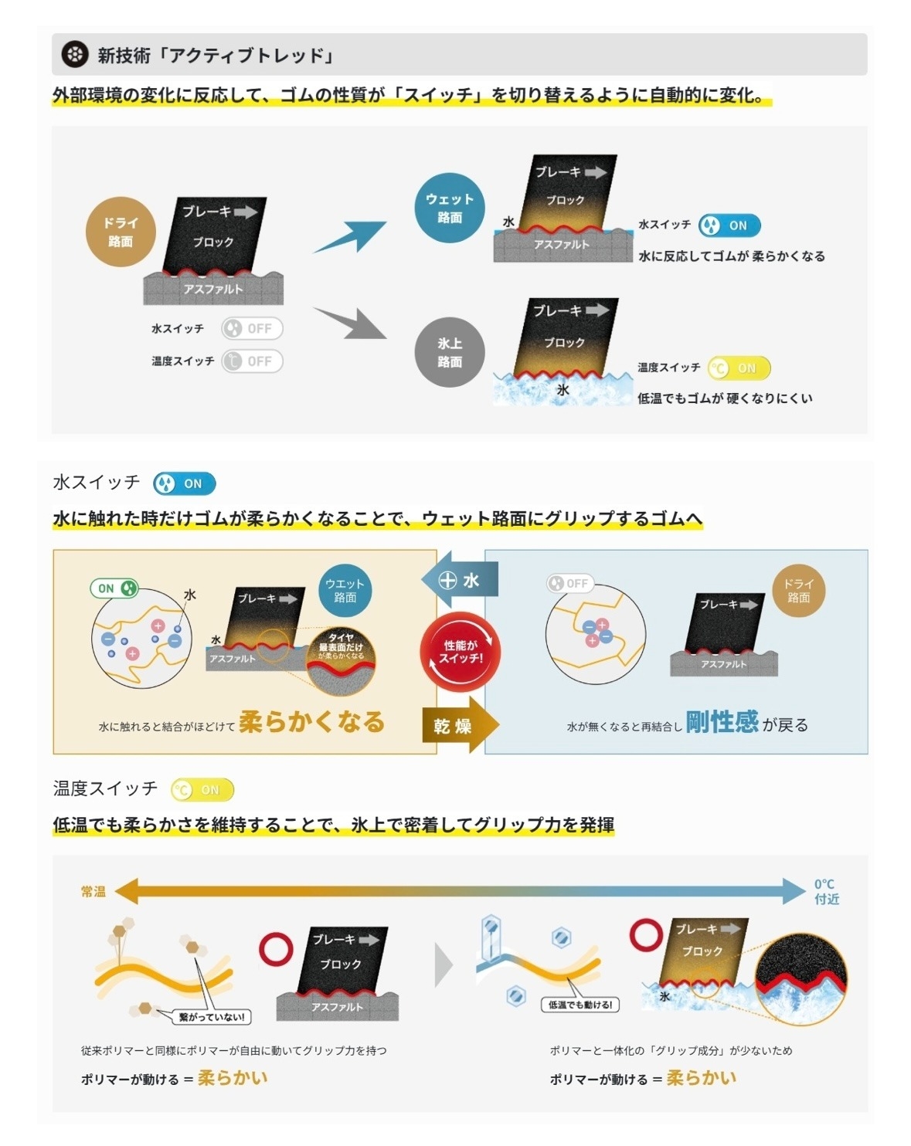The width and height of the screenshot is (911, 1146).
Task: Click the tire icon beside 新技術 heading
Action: pyautogui.click(x=75, y=55)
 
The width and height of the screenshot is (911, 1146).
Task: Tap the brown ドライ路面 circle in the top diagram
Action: pyautogui.click(x=121, y=232)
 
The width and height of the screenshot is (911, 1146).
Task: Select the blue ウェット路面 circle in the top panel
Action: pyautogui.click(x=449, y=208)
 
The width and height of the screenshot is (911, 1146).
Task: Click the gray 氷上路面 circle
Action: pyautogui.click(x=449, y=352)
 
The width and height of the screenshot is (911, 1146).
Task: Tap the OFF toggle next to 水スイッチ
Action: pyautogui.click(x=252, y=328)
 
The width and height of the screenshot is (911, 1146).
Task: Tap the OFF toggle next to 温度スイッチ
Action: pyautogui.click(x=252, y=361)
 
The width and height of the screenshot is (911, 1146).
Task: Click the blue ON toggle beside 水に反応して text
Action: pyautogui.click(x=729, y=225)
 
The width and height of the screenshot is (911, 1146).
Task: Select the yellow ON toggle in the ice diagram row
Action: pyautogui.click(x=739, y=368)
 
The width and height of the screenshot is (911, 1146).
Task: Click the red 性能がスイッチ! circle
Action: pyautogui.click(x=461, y=652)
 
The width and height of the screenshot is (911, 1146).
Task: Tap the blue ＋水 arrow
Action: pyautogui.click(x=461, y=580)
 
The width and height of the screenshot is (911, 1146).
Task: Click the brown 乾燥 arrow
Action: pyautogui.click(x=459, y=726)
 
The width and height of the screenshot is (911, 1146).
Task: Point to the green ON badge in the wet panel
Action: pyautogui.click(x=114, y=588)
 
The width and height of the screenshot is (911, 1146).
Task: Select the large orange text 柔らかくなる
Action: pyautogui.click(x=312, y=722)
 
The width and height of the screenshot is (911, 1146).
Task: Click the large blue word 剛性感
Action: pyautogui.click(x=722, y=722)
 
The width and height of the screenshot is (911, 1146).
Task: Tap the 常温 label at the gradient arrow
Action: pyautogui.click(x=93, y=891)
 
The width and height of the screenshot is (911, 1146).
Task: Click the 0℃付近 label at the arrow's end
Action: pyautogui.click(x=826, y=891)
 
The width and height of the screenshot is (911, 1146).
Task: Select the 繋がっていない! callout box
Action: pyautogui.click(x=211, y=1017)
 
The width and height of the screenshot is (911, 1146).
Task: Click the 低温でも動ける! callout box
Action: pyautogui.click(x=580, y=1004)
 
